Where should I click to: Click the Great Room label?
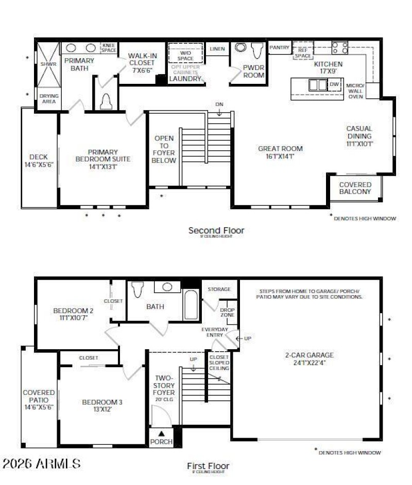pyautogui.click(x=280, y=152)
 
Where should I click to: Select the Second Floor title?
pyautogui.click(x=216, y=230)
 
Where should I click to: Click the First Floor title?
pyautogui.click(x=208, y=466)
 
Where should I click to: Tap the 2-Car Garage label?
pyautogui.click(x=310, y=358)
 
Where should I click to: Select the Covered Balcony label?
pyautogui.click(x=355, y=188)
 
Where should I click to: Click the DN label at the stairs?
pyautogui.click(x=219, y=105)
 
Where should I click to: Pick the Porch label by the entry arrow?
pyautogui.click(x=161, y=442)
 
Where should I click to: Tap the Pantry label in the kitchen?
pyautogui.click(x=280, y=47)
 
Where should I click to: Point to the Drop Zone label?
pyautogui.click(x=227, y=312)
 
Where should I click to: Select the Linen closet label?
pyautogui.click(x=217, y=49)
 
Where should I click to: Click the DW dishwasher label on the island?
pyautogui.click(x=334, y=84)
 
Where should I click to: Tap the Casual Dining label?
pyautogui.click(x=359, y=136)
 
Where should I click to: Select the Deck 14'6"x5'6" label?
pyautogui.click(x=39, y=160)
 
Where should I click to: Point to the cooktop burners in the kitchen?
pyautogui.click(x=339, y=48)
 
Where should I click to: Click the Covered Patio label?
pyautogui.click(x=39, y=399)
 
